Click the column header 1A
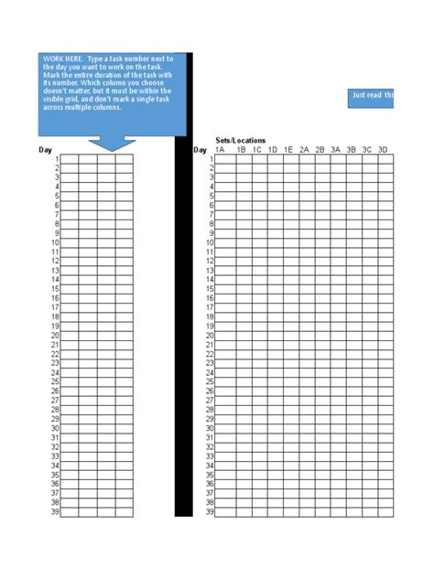220,149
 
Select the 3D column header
384,149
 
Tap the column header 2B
320,149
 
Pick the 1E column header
288,149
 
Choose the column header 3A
336,149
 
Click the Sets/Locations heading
241,140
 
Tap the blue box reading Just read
371,96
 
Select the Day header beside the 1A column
201,149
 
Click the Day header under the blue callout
46,149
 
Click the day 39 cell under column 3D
385,512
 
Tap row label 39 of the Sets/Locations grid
210,512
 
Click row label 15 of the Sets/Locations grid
210,289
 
